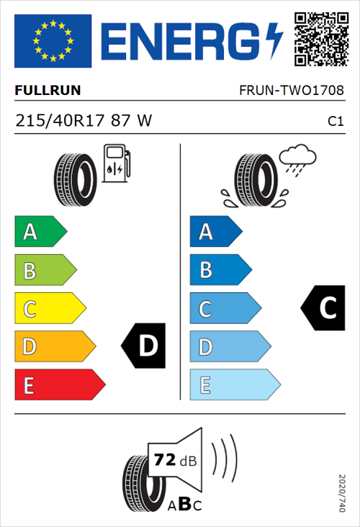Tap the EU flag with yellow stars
(x=53, y=41)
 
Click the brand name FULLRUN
(x=48, y=91)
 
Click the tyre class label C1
(x=335, y=122)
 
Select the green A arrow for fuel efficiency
(x=40, y=231)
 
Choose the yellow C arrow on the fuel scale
(x=49, y=308)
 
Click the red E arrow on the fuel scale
(x=59, y=384)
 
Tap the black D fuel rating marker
(x=145, y=346)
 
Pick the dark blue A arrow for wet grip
(x=215, y=231)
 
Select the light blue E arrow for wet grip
(x=234, y=384)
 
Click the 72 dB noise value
(x=176, y=460)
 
